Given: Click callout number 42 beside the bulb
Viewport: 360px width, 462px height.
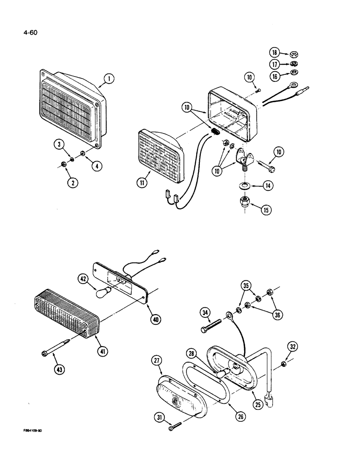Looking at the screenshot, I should (x=83, y=279).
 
